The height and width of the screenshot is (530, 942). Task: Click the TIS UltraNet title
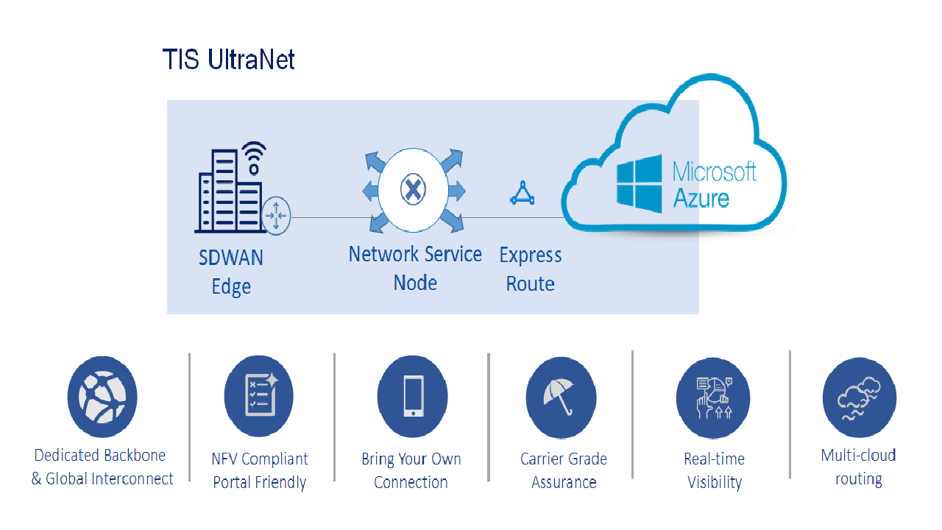(228, 60)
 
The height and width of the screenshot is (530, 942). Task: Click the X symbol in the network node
(413, 191)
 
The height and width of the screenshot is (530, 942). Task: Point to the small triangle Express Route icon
(522, 193)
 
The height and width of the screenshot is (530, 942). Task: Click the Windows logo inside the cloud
(639, 184)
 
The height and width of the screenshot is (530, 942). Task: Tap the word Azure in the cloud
(701, 198)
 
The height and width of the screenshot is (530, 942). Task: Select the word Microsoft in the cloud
(715, 172)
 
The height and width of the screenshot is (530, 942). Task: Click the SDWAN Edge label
(231, 272)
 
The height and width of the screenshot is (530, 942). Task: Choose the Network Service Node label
(415, 268)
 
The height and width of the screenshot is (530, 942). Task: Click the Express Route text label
(531, 269)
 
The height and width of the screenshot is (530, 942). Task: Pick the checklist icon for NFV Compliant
(258, 395)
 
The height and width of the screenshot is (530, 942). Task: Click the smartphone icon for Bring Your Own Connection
(412, 397)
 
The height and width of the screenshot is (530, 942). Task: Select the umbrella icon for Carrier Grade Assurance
(561, 397)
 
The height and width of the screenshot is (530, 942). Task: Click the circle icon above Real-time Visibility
(712, 398)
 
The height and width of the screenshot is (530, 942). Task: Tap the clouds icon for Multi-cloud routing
(859, 397)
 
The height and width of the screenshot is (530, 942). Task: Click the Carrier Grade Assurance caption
(564, 470)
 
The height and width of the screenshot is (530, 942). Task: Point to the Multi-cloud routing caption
(858, 467)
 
